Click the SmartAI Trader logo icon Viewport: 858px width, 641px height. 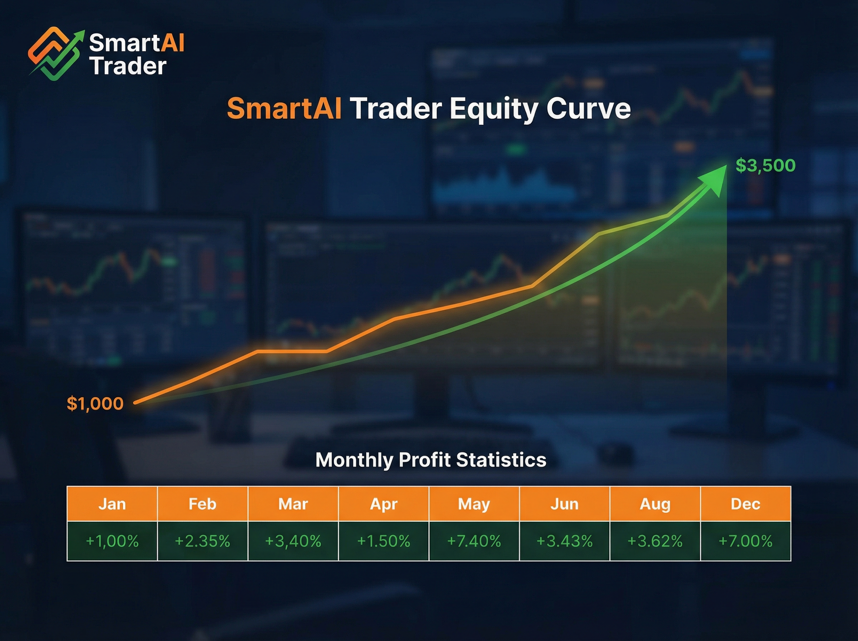point(56,54)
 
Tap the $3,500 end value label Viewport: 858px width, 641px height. point(765,165)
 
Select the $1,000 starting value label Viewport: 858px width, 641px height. point(95,403)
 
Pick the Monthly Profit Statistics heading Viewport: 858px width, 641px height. point(431,460)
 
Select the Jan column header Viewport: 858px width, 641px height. point(112,504)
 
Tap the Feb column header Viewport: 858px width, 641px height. point(202,504)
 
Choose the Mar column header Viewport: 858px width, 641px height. point(293,504)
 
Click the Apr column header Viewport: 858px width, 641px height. point(384,504)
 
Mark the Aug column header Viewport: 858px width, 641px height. point(655,504)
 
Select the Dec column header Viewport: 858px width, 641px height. point(745,504)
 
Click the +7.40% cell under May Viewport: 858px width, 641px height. point(474,541)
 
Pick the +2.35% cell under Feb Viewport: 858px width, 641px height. point(202,541)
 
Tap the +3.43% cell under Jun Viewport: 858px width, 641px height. point(564,541)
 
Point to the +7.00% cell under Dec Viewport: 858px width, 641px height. point(745,541)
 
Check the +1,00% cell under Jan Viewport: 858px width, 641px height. point(112,541)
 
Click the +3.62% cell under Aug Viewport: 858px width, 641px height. point(655,541)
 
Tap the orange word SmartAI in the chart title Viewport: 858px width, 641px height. point(284,109)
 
